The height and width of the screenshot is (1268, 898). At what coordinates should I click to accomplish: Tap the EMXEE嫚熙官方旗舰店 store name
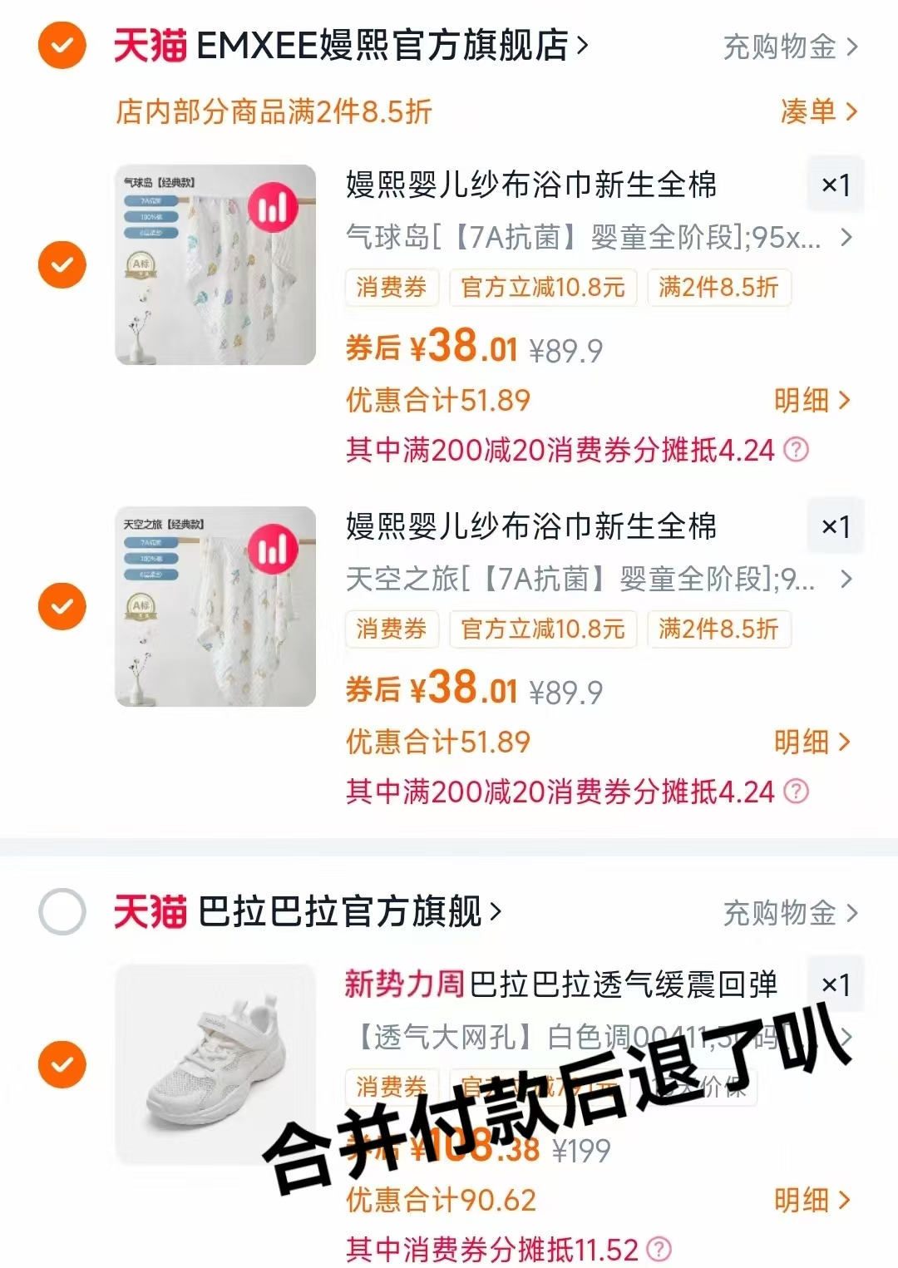382,47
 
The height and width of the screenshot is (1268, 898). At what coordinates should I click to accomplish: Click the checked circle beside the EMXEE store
62,46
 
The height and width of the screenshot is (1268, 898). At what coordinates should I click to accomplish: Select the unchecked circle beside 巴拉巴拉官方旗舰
62,912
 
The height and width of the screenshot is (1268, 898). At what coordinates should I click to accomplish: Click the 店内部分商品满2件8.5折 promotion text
274,111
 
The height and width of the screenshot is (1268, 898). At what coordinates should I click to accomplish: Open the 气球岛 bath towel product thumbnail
215,265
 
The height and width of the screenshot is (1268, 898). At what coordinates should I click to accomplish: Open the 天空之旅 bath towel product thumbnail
215,607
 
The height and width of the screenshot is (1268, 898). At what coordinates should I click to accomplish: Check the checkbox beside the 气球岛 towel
62,265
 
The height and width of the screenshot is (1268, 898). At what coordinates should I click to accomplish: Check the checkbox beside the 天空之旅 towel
62,607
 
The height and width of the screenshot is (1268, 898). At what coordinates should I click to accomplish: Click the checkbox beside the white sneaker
62,1064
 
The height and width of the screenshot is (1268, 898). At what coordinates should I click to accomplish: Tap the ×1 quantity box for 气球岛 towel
836,185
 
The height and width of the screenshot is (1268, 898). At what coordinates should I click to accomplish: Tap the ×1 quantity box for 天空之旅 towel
836,526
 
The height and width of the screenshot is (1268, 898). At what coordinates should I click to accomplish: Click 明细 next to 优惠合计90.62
812,1200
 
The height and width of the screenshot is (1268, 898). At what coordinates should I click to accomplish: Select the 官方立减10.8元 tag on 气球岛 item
543,288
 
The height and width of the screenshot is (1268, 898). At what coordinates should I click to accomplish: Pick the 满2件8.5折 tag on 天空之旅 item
718,629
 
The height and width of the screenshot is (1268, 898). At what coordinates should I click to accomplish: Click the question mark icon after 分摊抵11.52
659,1249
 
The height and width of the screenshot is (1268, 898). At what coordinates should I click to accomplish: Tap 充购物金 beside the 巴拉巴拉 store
789,913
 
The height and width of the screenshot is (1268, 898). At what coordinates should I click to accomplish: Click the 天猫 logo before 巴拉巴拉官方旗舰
150,912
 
